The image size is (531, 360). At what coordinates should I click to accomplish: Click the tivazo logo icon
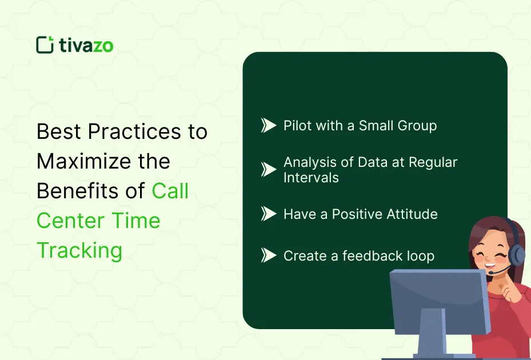click(x=45, y=45)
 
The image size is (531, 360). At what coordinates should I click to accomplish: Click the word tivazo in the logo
click(x=86, y=45)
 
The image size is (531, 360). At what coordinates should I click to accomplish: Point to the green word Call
click(x=170, y=191)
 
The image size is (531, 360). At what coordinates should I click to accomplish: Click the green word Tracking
click(x=79, y=250)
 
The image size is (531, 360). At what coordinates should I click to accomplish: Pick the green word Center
click(x=69, y=221)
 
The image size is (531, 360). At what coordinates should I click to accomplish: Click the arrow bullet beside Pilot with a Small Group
click(x=269, y=125)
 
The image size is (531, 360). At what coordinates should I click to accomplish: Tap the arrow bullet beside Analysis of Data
click(x=269, y=169)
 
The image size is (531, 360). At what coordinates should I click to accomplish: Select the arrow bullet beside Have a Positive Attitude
click(x=269, y=214)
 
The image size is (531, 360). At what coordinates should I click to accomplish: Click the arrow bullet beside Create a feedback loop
click(x=269, y=255)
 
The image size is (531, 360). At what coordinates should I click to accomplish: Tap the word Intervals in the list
click(x=311, y=178)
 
